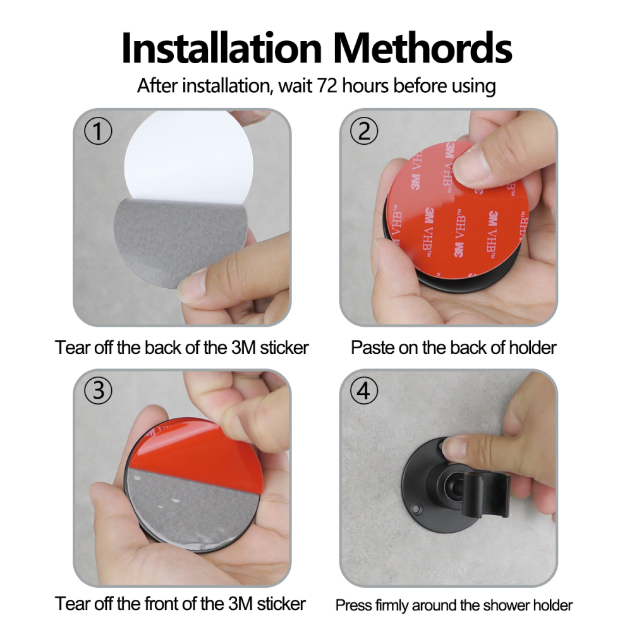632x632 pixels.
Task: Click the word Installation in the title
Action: tap(221, 49)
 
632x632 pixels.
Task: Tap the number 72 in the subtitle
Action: tap(327, 85)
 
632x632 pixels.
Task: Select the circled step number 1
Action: tap(98, 131)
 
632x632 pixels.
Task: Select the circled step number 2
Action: tap(364, 131)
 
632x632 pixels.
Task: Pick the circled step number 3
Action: tap(98, 390)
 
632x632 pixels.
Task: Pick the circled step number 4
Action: tap(364, 390)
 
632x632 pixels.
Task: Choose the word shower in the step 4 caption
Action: tap(506, 605)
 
